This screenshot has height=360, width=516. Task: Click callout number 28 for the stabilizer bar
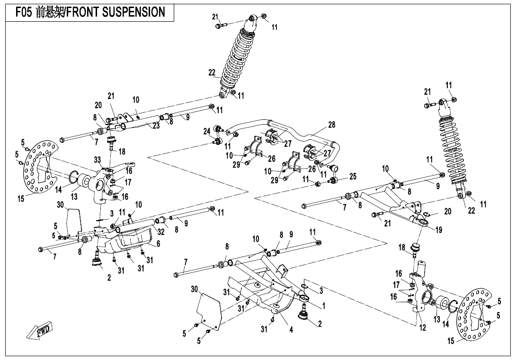point(331,125)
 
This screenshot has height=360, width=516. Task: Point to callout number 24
point(207,131)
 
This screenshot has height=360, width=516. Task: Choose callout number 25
point(352,177)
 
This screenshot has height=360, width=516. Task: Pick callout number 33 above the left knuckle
point(98,160)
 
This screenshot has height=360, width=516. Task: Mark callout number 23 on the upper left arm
point(156,126)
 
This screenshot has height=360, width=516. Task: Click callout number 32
point(161,232)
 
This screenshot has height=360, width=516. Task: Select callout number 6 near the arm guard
point(158,243)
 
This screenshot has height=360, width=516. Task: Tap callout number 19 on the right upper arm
point(439,230)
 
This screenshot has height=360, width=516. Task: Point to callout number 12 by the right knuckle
point(423,327)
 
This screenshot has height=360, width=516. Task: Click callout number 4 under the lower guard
point(291,330)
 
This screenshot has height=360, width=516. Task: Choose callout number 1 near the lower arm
point(324,306)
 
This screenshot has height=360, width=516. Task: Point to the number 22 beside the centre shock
point(212,72)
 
